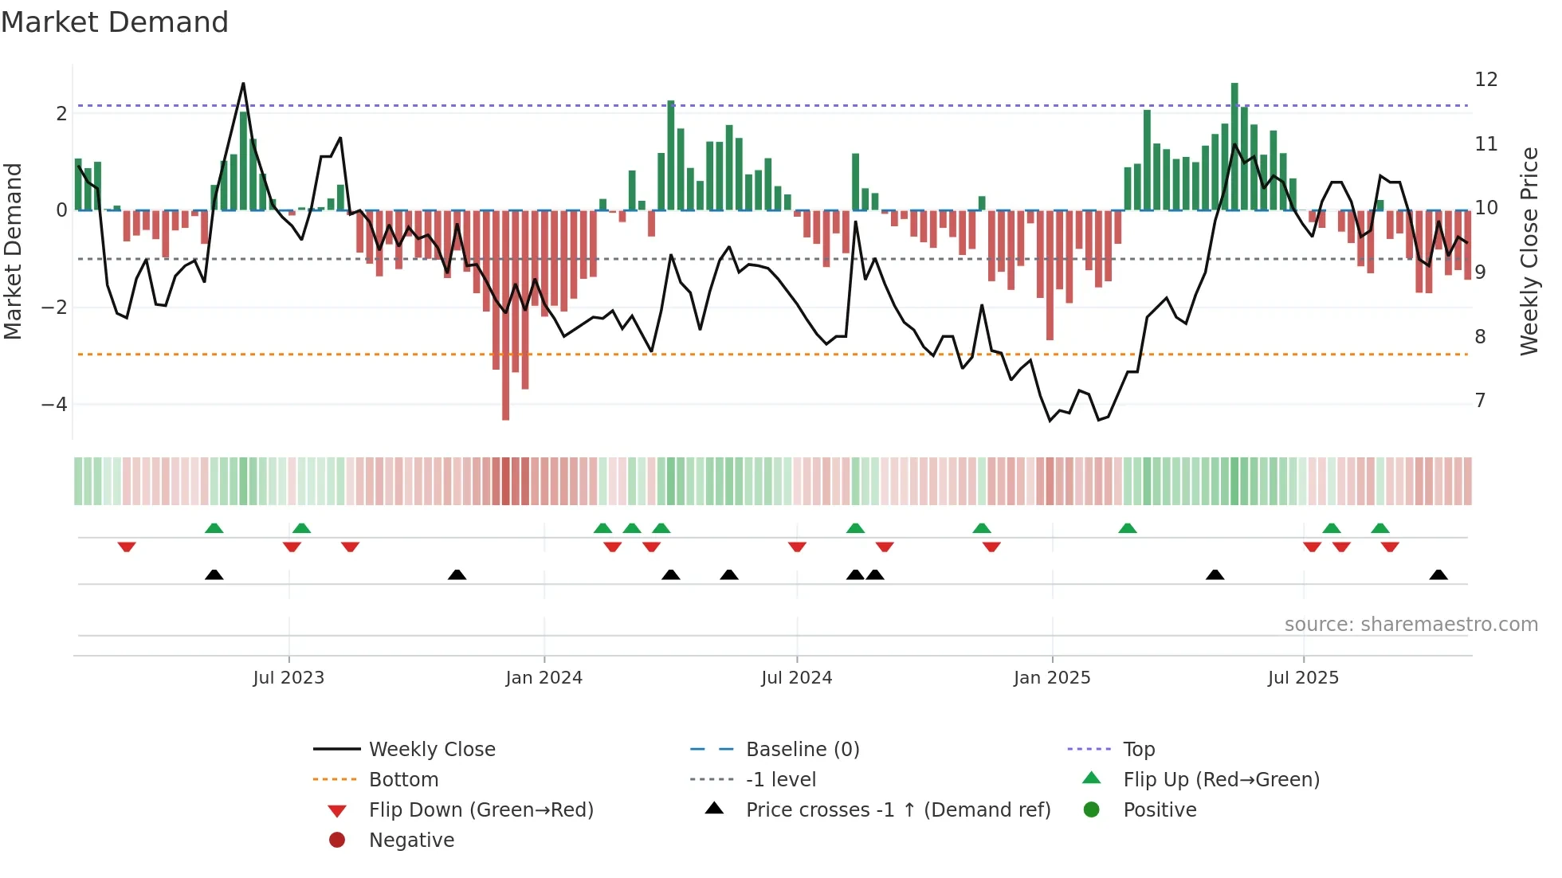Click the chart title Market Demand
pos(115,22)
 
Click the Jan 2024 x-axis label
pos(544,678)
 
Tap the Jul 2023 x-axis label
pos(288,678)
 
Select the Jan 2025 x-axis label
pos(1051,678)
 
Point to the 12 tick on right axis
pos(1485,80)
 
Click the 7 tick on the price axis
pos(1480,401)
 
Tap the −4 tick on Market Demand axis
pos(54,405)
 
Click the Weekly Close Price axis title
pos(1529,251)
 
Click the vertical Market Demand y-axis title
pos(13,251)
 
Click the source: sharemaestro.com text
pos(1411,625)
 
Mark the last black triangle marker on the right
pos(1438,575)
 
